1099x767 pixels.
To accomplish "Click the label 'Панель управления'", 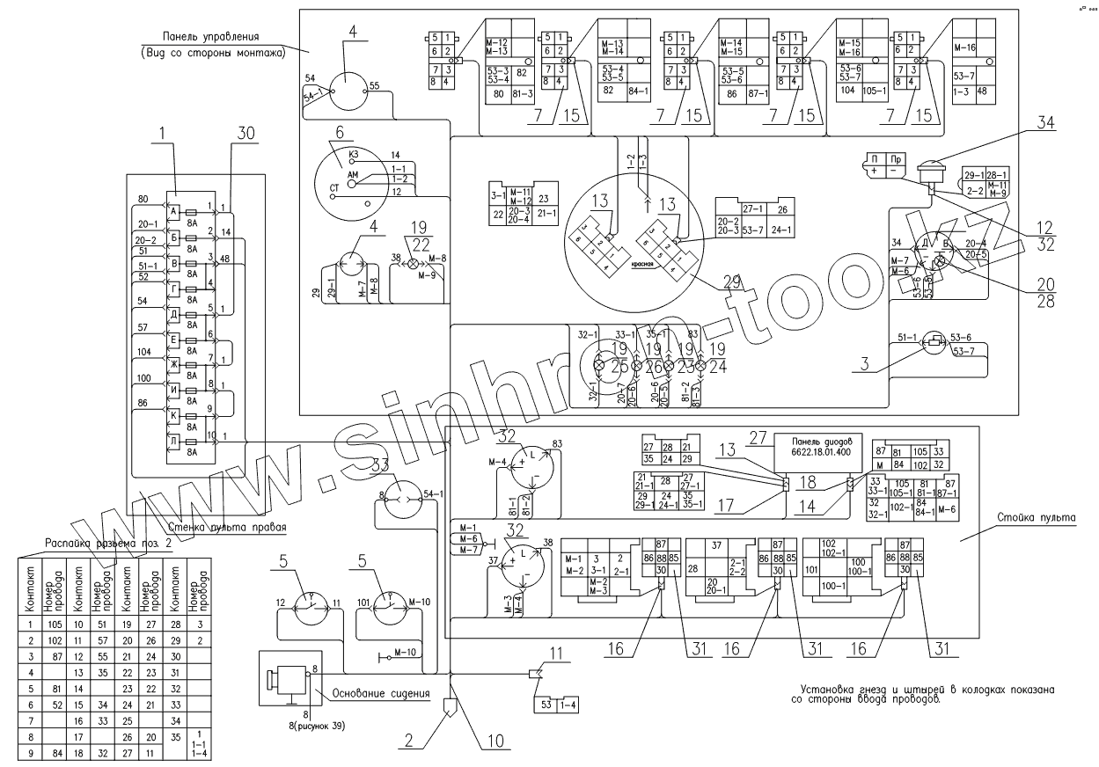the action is click(x=209, y=37).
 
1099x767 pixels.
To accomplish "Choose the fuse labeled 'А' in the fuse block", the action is click(x=174, y=212).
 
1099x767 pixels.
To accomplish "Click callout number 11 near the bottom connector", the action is click(x=555, y=652).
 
